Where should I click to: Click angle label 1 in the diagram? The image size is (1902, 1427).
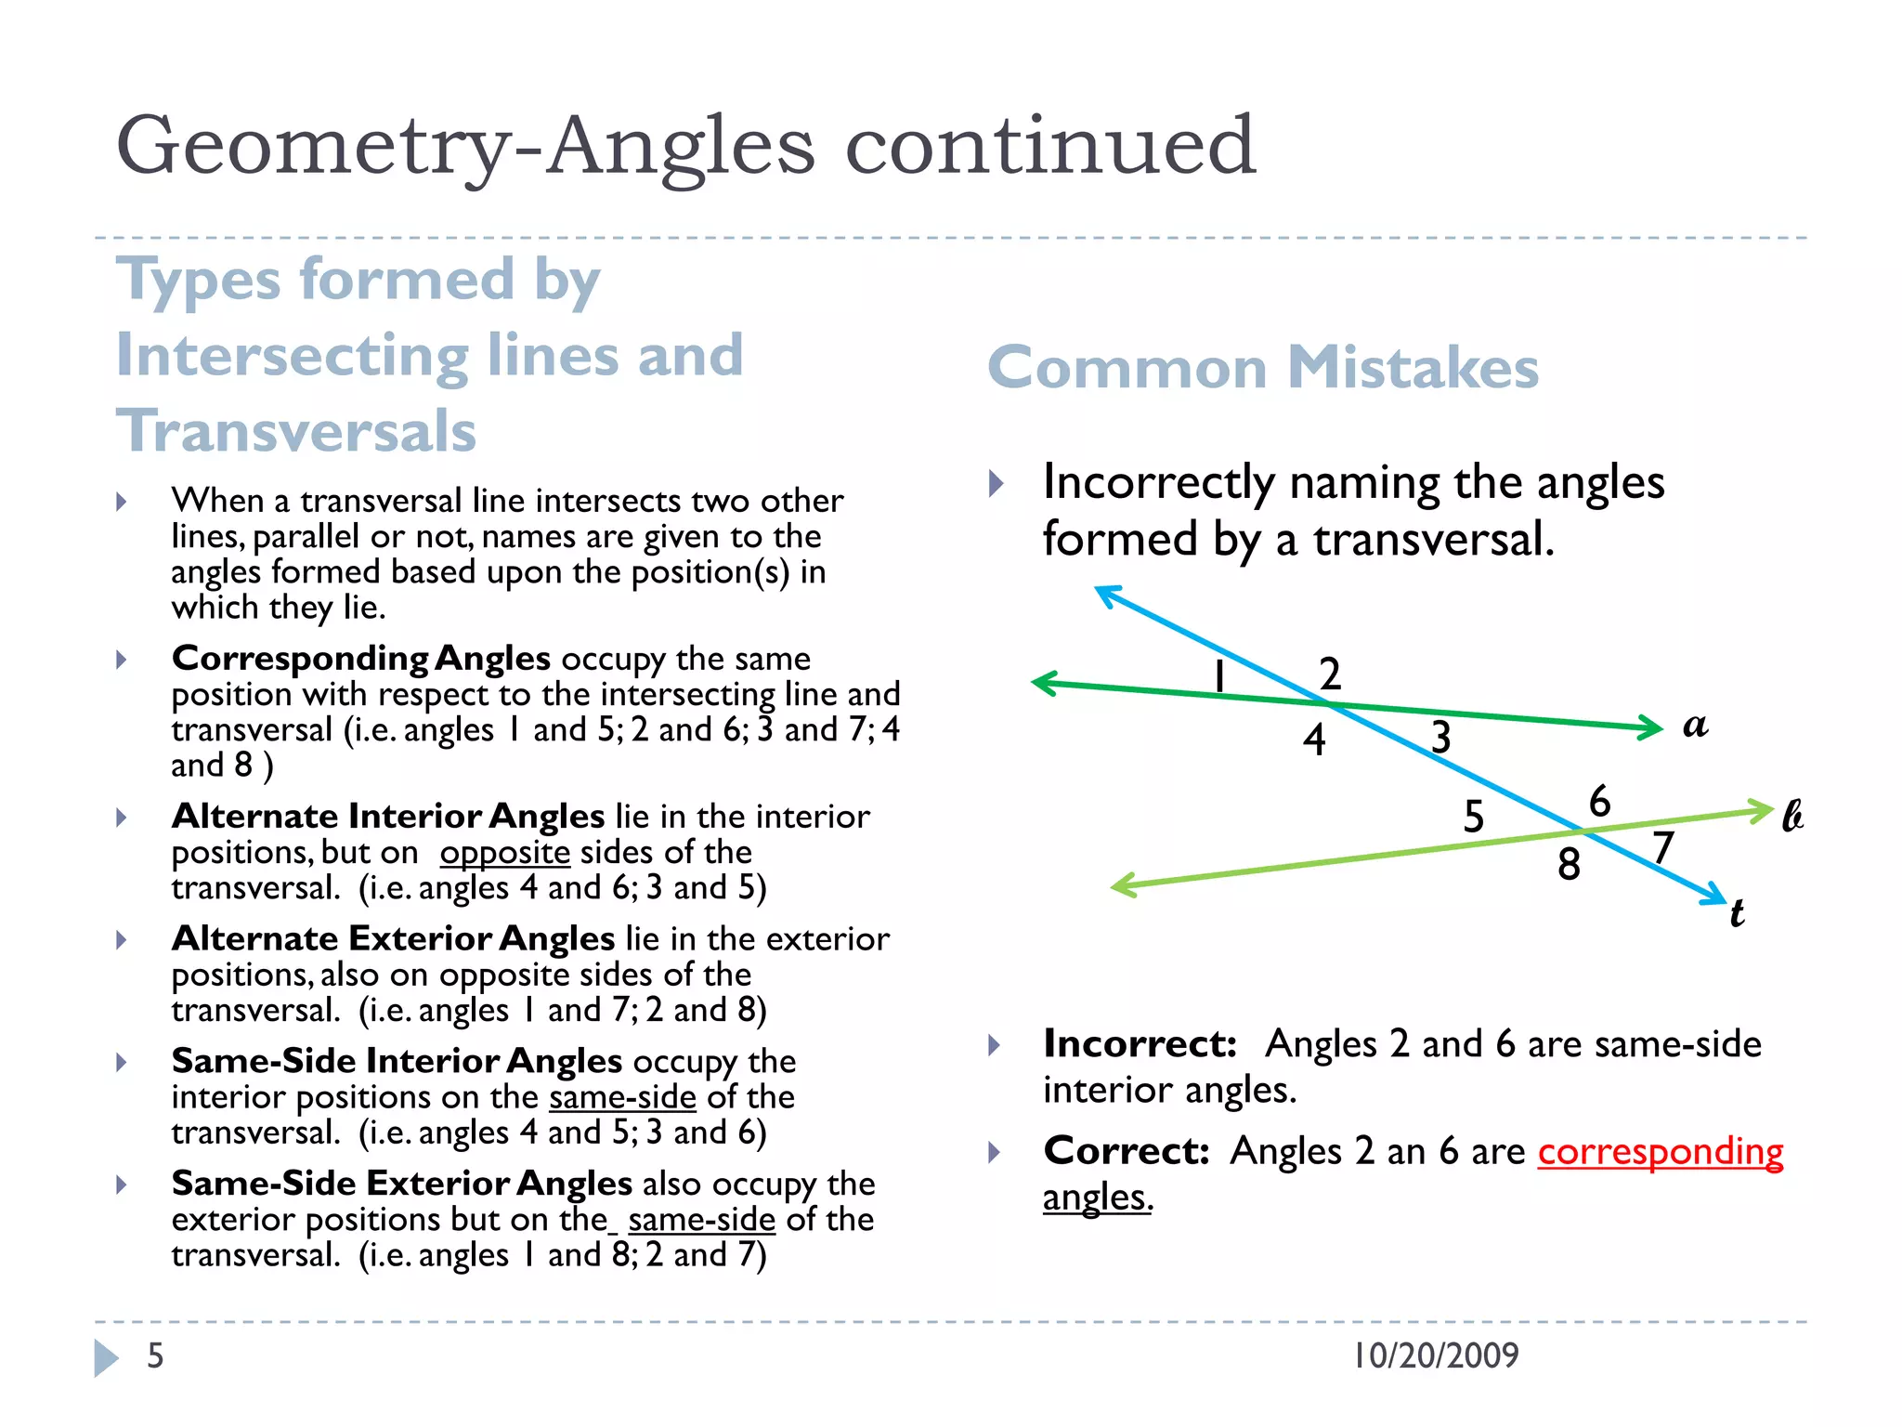coord(1219,675)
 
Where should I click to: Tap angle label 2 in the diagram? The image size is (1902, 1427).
coord(1330,674)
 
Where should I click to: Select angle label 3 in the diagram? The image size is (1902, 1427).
coord(1440,738)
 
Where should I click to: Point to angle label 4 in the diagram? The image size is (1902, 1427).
coord(1313,740)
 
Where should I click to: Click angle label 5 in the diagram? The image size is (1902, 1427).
coord(1474,817)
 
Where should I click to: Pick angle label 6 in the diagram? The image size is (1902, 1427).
coord(1599,801)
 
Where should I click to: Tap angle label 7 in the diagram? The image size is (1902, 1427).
coord(1662,847)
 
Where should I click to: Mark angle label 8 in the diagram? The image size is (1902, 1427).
coord(1569,864)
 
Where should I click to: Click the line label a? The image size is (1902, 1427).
coord(1695,726)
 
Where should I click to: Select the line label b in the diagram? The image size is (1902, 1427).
coord(1792,816)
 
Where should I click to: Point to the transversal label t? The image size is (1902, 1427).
coord(1737,913)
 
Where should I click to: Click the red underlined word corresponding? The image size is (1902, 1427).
coord(1660,1152)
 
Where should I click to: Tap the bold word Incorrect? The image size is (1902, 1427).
coord(1140,1044)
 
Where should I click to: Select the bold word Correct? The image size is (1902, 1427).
coord(1127,1151)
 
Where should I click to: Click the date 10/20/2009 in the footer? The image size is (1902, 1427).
coord(1436,1355)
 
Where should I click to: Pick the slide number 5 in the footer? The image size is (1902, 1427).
coord(155,1355)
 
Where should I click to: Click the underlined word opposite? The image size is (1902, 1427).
coord(505,852)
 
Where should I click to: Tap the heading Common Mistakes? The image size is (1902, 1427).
coord(1263,368)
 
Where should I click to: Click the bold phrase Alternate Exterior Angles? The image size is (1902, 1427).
coord(393,938)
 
